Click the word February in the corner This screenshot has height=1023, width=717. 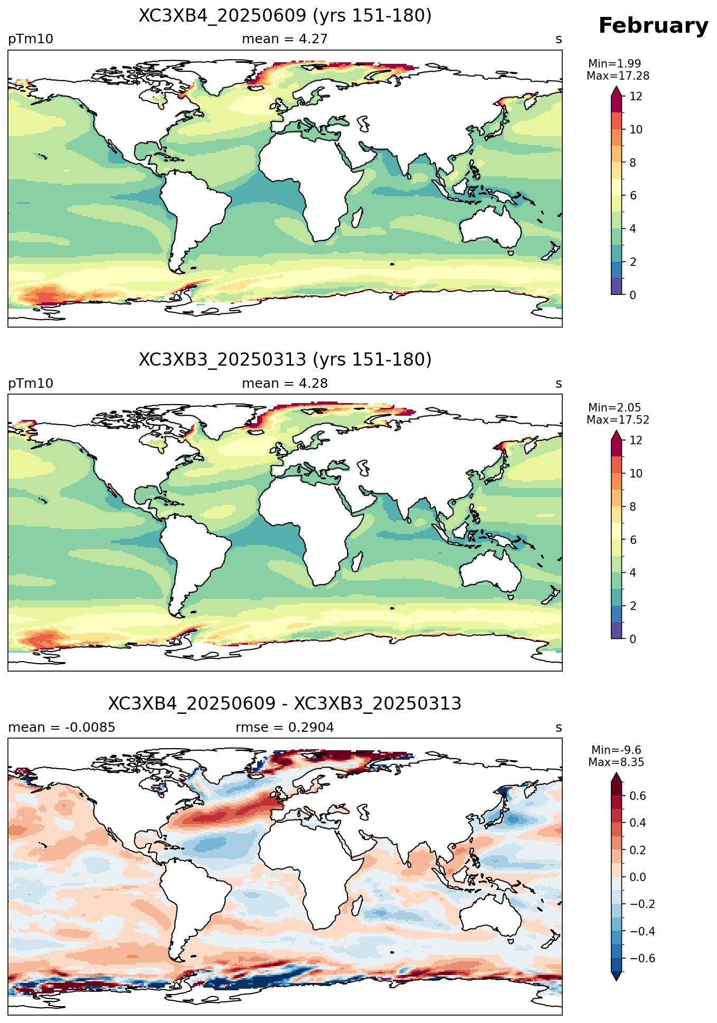click(653, 26)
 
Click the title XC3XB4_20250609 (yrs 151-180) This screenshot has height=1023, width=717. click(285, 16)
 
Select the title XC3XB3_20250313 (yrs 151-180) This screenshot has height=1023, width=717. click(285, 360)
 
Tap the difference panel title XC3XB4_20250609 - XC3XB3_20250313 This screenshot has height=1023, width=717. click(285, 704)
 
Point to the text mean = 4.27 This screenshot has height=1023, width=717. click(285, 39)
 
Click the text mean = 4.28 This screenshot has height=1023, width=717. click(285, 384)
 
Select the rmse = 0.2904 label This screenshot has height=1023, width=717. click(285, 728)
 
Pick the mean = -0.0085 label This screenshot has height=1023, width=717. click(62, 728)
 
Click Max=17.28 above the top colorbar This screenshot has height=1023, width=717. click(618, 76)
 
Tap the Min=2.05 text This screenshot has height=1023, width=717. click(615, 408)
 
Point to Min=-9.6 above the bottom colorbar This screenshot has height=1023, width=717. click(616, 750)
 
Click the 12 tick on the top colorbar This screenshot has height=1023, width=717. click(636, 97)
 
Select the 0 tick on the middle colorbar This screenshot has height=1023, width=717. click(633, 639)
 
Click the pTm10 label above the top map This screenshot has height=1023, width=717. click(31, 40)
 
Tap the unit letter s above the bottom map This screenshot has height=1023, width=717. click(559, 728)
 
